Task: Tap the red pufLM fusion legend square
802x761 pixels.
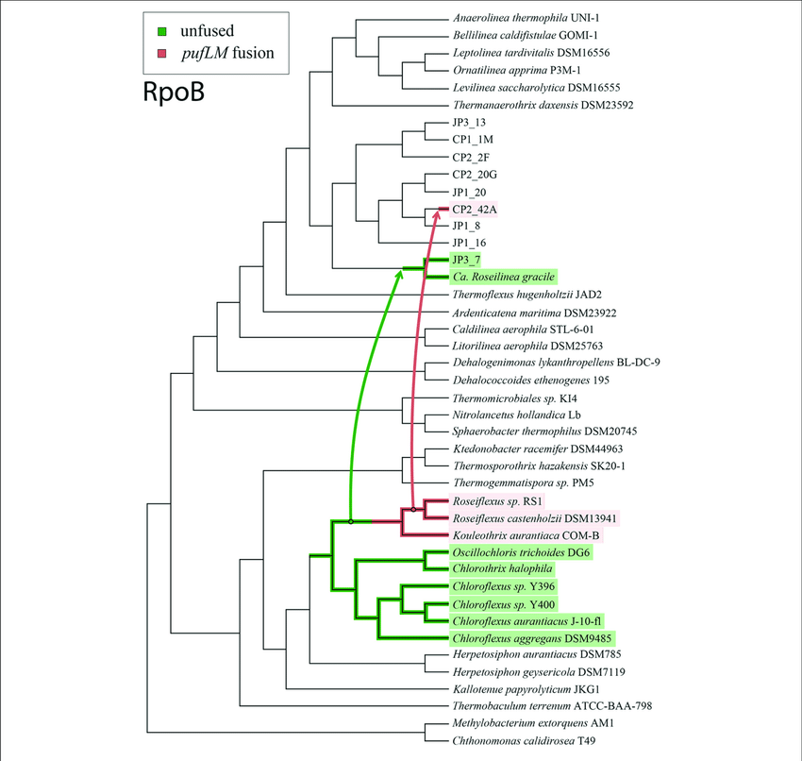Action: point(162,53)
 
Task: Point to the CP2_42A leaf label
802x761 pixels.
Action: point(476,209)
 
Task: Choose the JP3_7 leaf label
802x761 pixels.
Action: point(468,260)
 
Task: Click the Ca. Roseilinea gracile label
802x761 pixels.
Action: point(504,277)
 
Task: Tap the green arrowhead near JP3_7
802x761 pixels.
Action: point(398,273)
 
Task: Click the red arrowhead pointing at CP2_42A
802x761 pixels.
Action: point(437,216)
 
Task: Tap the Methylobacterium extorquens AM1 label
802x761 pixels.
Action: point(535,723)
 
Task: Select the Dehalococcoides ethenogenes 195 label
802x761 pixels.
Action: point(532,379)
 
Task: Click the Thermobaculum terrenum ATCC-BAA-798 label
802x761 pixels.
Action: point(552,705)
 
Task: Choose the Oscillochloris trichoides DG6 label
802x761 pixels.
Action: point(521,552)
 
